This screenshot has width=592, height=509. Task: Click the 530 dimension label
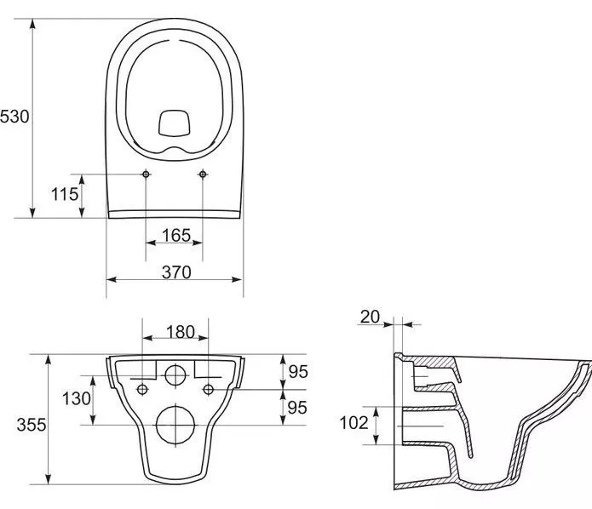pos(14,117)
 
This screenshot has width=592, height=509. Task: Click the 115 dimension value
pos(65,194)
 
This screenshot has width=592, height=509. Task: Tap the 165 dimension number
pos(176,236)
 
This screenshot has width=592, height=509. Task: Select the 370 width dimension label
pos(176,272)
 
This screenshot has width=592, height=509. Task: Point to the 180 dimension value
pos(181,332)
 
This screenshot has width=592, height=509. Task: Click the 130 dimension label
pos(77,398)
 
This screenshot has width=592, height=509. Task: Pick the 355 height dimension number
pos(32,425)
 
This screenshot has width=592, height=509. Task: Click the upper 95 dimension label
pos(298,372)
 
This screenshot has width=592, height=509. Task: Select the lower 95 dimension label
pos(297,408)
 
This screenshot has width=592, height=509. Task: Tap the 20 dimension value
pos(370,317)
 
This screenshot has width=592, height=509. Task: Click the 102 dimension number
pos(353,423)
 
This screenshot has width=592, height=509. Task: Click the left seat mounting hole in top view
pos(146,174)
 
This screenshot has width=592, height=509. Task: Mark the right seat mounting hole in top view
pos(203,174)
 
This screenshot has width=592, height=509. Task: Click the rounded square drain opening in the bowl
pos(174,123)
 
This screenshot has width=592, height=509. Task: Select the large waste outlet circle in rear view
pos(175,425)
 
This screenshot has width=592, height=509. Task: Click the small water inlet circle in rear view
pos(175,375)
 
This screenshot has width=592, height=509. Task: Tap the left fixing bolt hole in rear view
pos(142,389)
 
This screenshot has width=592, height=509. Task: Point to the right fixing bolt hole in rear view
pos(209,389)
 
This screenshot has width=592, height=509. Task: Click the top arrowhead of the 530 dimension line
pos(33,23)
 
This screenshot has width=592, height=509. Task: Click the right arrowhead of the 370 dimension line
pos(237,279)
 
